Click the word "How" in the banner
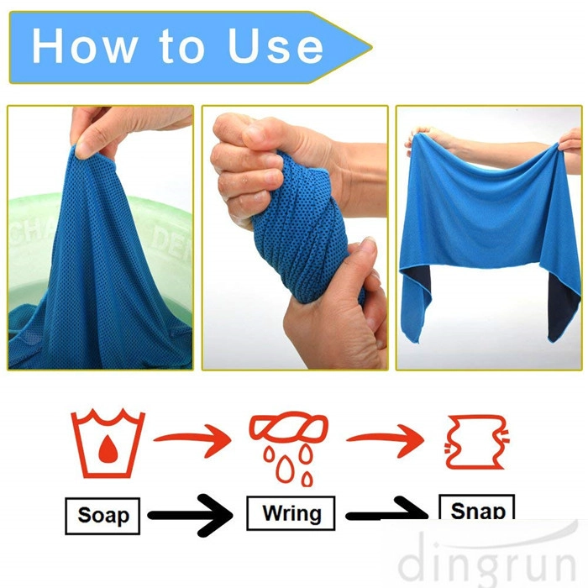(84, 45)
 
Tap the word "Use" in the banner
(276, 45)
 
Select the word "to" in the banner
(182, 47)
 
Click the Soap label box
(102, 516)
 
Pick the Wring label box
(291, 513)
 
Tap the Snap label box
(476, 507)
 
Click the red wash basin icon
(108, 444)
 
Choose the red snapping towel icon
(476, 443)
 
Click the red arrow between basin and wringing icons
(193, 439)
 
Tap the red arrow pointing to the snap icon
(386, 439)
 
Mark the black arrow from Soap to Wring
(191, 515)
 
